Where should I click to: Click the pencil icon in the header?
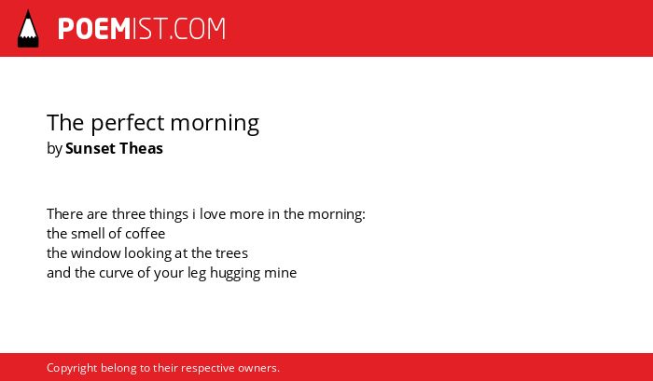pos(28,29)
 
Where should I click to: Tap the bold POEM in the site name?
pos(94,29)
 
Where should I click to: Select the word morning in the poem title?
pos(215,124)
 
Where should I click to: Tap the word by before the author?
pos(54,149)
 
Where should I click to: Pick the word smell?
pos(86,234)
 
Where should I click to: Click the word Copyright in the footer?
pos(72,369)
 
